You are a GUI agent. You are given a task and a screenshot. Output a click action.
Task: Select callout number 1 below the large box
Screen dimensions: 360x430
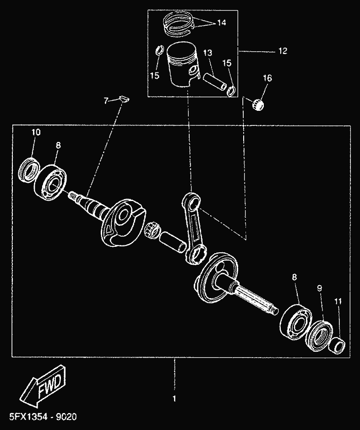pos(174,398)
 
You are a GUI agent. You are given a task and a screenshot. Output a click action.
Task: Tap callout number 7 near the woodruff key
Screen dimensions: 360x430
pos(106,100)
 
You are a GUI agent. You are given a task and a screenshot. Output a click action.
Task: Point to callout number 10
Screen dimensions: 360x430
pos(35,132)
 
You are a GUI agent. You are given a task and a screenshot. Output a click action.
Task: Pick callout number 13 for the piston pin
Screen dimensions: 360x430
pos(207,54)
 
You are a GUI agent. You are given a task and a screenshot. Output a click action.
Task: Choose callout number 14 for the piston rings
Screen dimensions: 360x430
pos(221,22)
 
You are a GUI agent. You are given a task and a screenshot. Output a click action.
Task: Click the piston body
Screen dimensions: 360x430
pos(183,66)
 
